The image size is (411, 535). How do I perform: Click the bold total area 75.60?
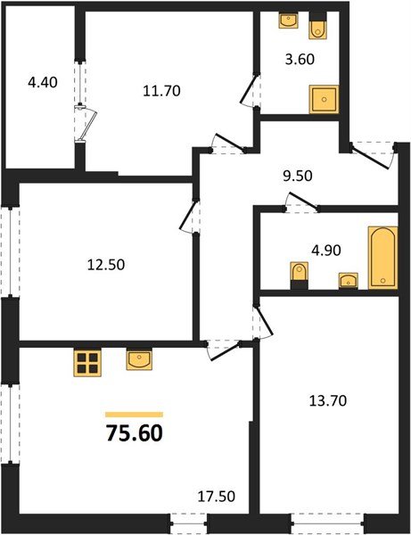[x=134, y=434]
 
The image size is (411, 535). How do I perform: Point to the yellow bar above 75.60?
[x=134, y=415]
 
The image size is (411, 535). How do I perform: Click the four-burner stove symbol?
[x=86, y=362]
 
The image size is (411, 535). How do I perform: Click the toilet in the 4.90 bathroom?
[x=300, y=274]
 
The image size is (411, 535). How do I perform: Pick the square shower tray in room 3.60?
[x=323, y=99]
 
